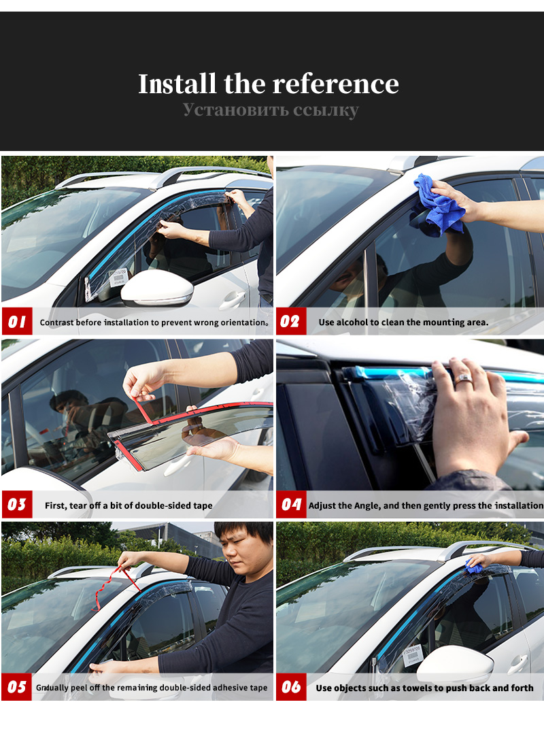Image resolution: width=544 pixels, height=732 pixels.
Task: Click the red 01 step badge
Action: (x=17, y=321)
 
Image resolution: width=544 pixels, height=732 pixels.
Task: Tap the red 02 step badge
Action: (x=291, y=321)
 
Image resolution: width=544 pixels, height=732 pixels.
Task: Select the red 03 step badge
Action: (x=17, y=504)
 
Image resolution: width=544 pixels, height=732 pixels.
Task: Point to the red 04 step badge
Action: (x=291, y=504)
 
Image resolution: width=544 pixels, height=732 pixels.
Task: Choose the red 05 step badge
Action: (x=17, y=686)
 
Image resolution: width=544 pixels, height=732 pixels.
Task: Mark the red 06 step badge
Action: (x=291, y=686)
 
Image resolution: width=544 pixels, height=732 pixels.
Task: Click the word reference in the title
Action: (x=335, y=84)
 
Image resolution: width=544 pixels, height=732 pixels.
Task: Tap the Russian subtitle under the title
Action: (x=271, y=110)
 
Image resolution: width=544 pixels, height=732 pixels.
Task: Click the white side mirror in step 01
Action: (x=157, y=287)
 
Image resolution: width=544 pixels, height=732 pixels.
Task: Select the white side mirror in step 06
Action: (x=455, y=663)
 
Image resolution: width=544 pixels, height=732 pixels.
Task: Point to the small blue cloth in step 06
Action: (x=474, y=567)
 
